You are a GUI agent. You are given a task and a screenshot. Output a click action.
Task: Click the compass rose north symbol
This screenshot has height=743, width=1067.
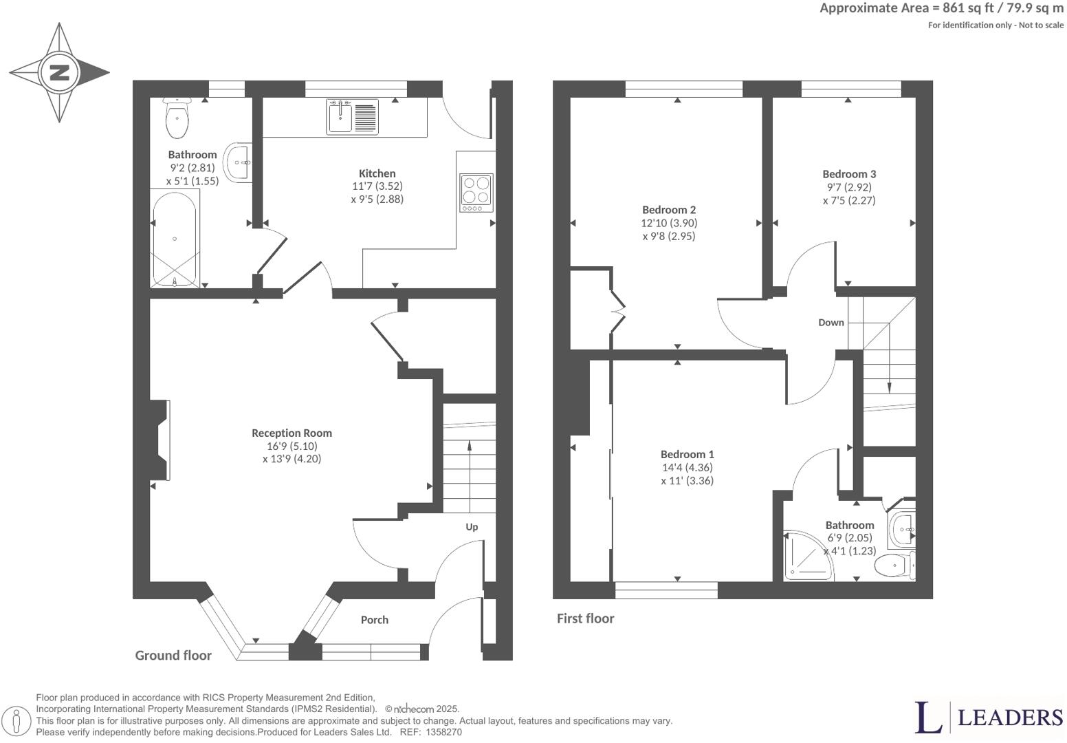[59, 72]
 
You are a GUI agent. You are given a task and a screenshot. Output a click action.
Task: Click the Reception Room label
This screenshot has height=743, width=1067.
[291, 433]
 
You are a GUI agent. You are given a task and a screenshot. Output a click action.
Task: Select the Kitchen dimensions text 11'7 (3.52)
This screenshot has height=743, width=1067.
[377, 186]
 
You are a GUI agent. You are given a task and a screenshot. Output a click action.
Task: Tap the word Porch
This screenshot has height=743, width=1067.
[375, 620]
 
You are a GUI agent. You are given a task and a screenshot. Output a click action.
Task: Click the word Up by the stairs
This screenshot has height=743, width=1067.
[472, 527]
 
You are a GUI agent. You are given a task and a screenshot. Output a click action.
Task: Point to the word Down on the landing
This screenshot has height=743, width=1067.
[830, 322]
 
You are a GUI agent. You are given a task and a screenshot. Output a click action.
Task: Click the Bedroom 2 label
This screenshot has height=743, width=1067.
[669, 210]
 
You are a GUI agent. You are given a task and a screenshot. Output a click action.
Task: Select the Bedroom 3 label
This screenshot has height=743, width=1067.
[849, 174]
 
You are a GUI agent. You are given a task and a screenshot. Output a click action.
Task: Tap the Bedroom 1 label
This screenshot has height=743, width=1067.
[687, 454]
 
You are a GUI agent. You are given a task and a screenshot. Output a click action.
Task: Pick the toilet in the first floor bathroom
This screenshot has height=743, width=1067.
[896, 566]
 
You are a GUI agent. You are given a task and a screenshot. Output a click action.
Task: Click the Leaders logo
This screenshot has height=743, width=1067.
[989, 717]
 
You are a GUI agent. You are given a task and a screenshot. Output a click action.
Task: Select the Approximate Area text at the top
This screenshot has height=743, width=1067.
[941, 8]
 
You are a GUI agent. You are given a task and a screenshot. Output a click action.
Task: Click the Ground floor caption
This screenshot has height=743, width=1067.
[173, 655]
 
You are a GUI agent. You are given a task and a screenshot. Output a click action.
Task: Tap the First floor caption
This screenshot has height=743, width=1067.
[585, 618]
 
